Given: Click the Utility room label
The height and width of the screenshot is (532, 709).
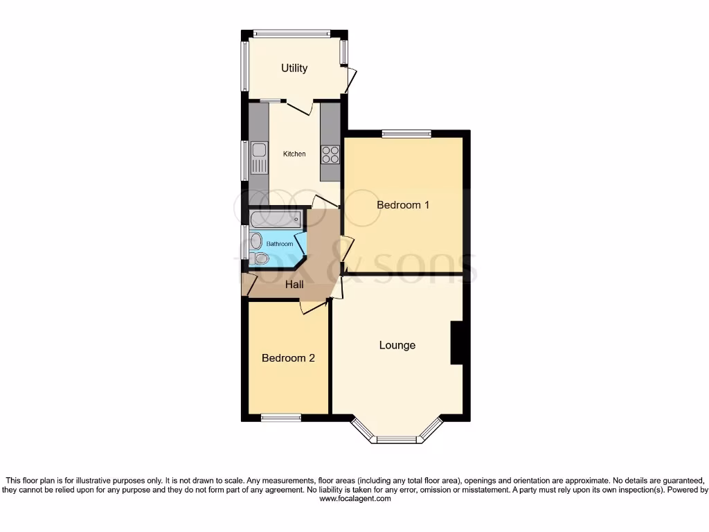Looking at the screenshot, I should (x=294, y=68).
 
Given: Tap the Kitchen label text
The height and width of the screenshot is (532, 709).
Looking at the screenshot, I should (x=294, y=154).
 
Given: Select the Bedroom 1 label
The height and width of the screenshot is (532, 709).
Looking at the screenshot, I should (x=403, y=205).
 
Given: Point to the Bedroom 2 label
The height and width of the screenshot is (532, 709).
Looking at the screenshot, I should (x=288, y=358).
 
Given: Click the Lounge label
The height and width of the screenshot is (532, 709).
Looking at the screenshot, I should (x=397, y=345).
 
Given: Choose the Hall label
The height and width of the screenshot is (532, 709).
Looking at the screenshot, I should (x=295, y=284).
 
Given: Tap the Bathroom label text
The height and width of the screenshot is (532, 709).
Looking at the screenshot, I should (x=280, y=244).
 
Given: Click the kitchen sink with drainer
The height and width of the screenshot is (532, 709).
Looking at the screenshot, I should (x=259, y=158).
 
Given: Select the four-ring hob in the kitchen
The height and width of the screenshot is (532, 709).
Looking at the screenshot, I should (x=330, y=154).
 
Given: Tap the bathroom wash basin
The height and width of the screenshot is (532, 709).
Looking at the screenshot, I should (x=256, y=241).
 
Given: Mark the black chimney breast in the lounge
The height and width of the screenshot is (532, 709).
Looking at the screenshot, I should (x=457, y=343).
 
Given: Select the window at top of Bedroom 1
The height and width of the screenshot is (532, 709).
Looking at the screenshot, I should (x=406, y=133).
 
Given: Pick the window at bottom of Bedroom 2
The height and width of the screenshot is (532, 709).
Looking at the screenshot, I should (x=281, y=417).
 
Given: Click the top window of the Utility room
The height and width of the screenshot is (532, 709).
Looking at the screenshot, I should (x=291, y=33).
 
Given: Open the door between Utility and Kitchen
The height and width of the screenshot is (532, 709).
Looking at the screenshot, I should (x=300, y=107).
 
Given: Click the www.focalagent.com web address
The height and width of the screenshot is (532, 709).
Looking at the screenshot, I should (x=354, y=498).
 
